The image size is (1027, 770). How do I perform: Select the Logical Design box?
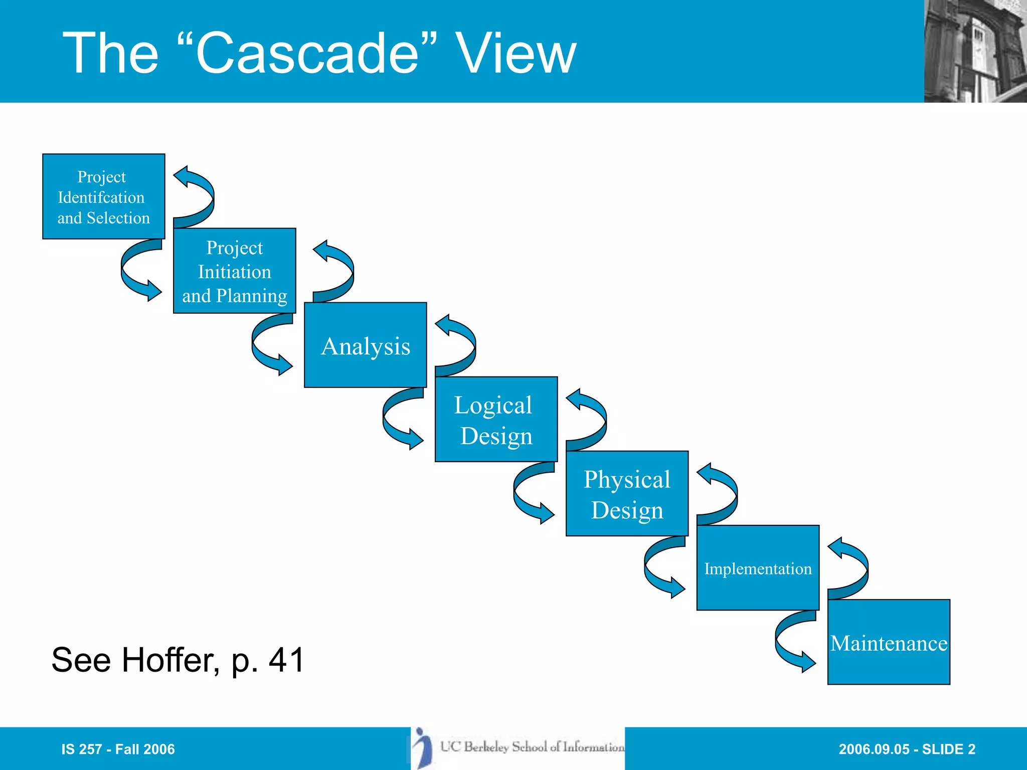click(496, 419)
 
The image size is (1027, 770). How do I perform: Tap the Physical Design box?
click(627, 493)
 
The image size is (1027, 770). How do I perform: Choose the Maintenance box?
click(889, 642)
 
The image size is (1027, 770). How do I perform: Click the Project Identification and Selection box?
click(103, 197)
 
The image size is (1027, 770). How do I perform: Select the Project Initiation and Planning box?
click(234, 271)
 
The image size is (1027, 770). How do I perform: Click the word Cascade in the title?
click(306, 53)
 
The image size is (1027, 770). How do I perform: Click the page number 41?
click(286, 660)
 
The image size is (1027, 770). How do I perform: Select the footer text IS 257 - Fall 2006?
click(118, 749)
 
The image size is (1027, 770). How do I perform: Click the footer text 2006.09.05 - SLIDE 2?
click(907, 749)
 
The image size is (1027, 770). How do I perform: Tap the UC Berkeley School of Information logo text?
click(532, 747)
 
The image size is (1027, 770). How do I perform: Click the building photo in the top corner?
click(975, 51)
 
